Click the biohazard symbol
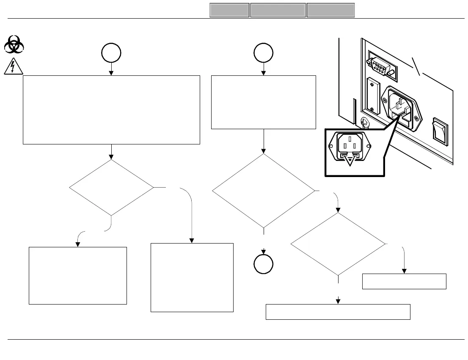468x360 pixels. pos(14,44)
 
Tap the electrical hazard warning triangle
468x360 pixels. pos(14,67)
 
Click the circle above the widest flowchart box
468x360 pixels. pos(111,53)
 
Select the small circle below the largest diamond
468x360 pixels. pos(263,264)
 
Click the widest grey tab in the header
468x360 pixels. pos(278,10)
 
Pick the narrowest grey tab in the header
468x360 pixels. pos(229,10)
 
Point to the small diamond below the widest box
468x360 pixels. pos(111,188)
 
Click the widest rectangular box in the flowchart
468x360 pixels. pos(111,110)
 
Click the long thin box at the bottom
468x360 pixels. pos(338,312)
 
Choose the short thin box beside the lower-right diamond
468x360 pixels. pos(404,282)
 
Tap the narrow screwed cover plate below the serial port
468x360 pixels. pos(373,97)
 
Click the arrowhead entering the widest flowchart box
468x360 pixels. pos(111,73)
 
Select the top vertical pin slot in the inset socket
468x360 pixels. pos(350,138)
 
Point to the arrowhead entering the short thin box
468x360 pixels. pos(404,271)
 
